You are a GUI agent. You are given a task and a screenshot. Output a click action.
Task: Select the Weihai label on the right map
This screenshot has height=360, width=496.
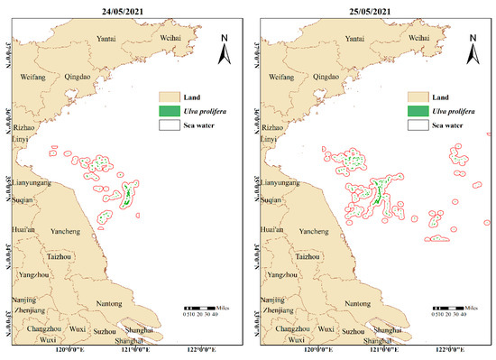tap(417, 39)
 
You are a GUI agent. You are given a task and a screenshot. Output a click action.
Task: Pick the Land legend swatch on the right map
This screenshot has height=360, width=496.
tap(419, 96)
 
